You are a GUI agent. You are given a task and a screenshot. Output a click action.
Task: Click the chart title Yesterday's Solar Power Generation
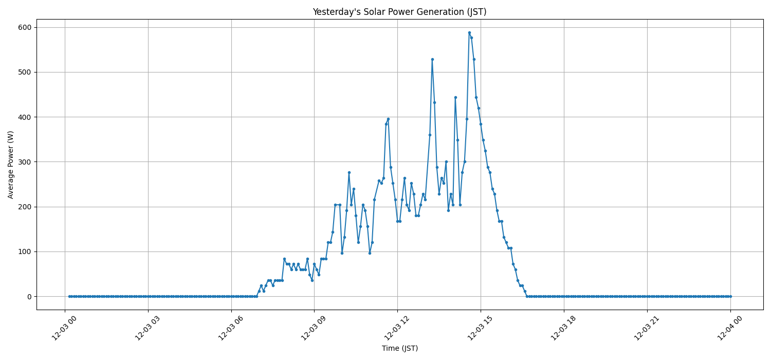click(x=399, y=12)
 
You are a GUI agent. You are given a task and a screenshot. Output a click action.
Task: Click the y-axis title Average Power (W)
click(x=11, y=165)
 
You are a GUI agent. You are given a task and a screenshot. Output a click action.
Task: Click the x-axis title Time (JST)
click(x=399, y=348)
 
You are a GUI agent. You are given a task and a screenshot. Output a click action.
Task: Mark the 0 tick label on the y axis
click(x=29, y=297)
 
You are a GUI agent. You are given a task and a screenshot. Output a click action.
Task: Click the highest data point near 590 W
click(x=469, y=32)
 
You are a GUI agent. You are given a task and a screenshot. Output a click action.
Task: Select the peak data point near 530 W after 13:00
click(x=432, y=59)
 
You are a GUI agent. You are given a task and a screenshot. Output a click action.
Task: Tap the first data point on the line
click(x=69, y=296)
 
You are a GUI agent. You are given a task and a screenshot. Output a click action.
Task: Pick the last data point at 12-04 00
click(x=730, y=296)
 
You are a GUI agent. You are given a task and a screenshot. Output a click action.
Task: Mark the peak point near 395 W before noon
click(x=388, y=119)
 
